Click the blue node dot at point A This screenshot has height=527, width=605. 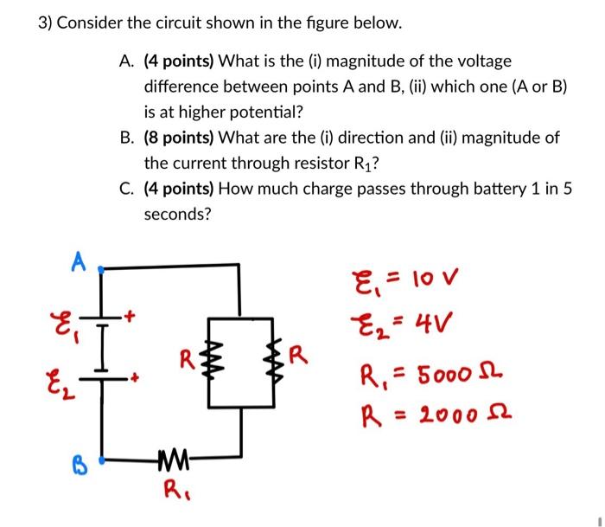click(x=102, y=269)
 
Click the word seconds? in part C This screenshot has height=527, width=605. click(x=177, y=213)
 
